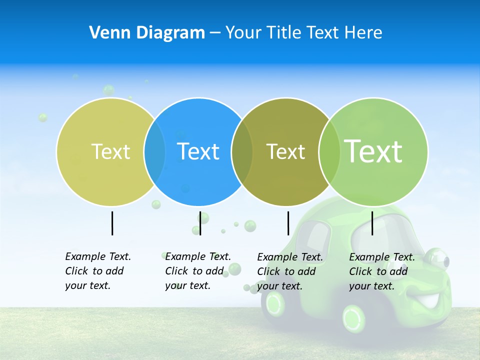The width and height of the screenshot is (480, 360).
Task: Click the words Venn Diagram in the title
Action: pyautogui.click(x=147, y=33)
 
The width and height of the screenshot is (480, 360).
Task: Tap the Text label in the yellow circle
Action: pyautogui.click(x=110, y=151)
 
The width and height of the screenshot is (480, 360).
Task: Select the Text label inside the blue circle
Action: pyautogui.click(x=198, y=151)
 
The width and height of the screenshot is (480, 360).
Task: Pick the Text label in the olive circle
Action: pyautogui.click(x=285, y=151)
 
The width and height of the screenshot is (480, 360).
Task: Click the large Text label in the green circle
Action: pyautogui.click(x=373, y=151)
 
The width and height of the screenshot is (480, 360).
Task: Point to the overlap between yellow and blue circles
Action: pyautogui.click(x=154, y=152)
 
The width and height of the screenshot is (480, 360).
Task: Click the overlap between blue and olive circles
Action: pyautogui.click(x=242, y=152)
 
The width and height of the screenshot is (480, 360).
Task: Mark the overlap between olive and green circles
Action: pyautogui.click(x=329, y=152)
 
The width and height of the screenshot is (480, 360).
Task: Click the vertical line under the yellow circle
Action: pyautogui.click(x=112, y=223)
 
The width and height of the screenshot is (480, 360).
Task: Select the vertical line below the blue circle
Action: pyautogui.click(x=200, y=223)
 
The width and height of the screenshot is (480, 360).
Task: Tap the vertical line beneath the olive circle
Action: pyautogui.click(x=288, y=223)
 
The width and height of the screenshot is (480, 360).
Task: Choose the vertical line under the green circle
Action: pyautogui.click(x=372, y=223)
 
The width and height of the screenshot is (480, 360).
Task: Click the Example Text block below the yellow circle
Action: pyautogui.click(x=97, y=271)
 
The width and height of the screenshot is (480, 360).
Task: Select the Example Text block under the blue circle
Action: pyautogui.click(x=197, y=271)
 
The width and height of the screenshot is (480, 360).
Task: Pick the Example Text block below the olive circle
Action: pyautogui.click(x=289, y=271)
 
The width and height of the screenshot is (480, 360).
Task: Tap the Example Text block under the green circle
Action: pyautogui.click(x=381, y=271)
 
